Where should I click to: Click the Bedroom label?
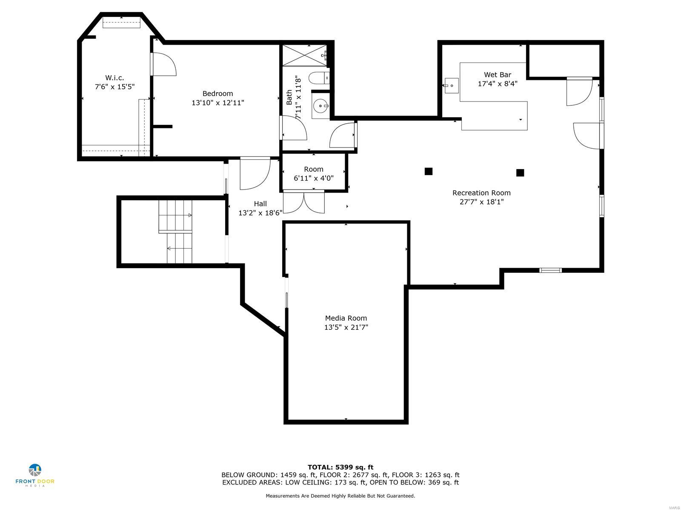(x=217, y=93)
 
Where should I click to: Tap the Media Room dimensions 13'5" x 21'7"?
(x=346, y=327)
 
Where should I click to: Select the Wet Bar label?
(x=497, y=75)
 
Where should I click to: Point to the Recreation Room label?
(x=481, y=193)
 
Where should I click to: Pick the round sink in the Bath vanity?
(x=320, y=105)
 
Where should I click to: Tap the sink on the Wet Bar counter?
(x=451, y=85)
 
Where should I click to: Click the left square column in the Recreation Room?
(x=429, y=171)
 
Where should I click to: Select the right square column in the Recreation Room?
(x=520, y=173)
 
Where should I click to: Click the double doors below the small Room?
(x=303, y=202)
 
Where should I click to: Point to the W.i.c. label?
(x=114, y=78)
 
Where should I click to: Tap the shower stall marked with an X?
(x=305, y=55)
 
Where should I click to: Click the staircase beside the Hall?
(x=176, y=232)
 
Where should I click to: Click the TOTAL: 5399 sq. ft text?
(x=340, y=467)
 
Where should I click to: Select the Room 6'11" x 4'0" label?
(x=314, y=174)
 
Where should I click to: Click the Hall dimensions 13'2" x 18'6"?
(x=260, y=213)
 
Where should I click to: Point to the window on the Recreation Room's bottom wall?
(x=550, y=270)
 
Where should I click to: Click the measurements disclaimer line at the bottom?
(x=340, y=496)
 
